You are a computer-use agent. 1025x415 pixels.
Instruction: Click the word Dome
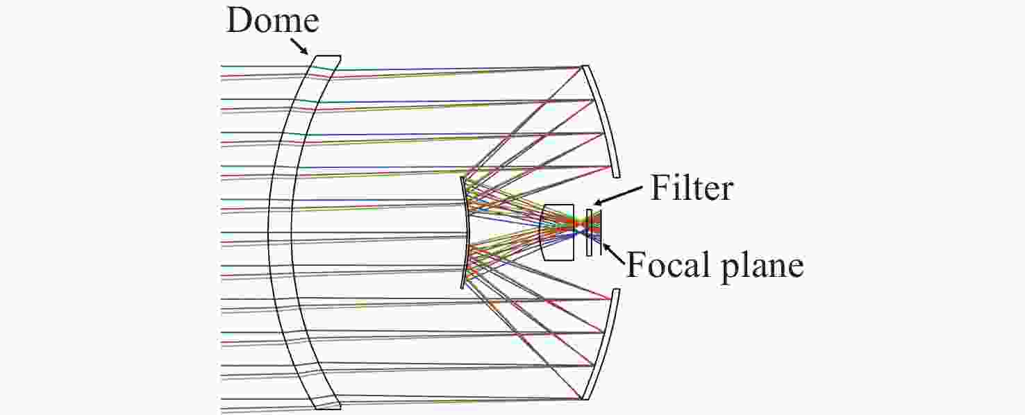(x=273, y=21)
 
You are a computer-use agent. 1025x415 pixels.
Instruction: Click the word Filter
(x=692, y=188)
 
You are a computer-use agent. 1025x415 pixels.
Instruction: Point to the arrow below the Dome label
(x=299, y=46)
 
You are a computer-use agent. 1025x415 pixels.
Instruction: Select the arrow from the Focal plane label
(x=614, y=254)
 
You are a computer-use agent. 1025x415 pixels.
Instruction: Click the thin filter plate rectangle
(x=590, y=232)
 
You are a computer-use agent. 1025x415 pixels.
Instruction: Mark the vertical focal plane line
(x=601, y=232)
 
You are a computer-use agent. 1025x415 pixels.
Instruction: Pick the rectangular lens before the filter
(x=557, y=232)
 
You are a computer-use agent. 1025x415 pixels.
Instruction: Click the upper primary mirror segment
(x=601, y=121)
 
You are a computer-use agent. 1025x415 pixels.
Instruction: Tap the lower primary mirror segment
(x=601, y=344)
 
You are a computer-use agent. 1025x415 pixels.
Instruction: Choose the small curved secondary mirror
(x=465, y=232)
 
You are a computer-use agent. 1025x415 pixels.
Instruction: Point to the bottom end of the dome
(x=328, y=406)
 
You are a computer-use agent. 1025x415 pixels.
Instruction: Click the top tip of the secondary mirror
(x=462, y=177)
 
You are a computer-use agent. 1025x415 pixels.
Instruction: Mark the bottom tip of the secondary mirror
(x=462, y=287)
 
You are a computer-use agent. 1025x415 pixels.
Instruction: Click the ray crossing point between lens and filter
(x=580, y=226)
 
